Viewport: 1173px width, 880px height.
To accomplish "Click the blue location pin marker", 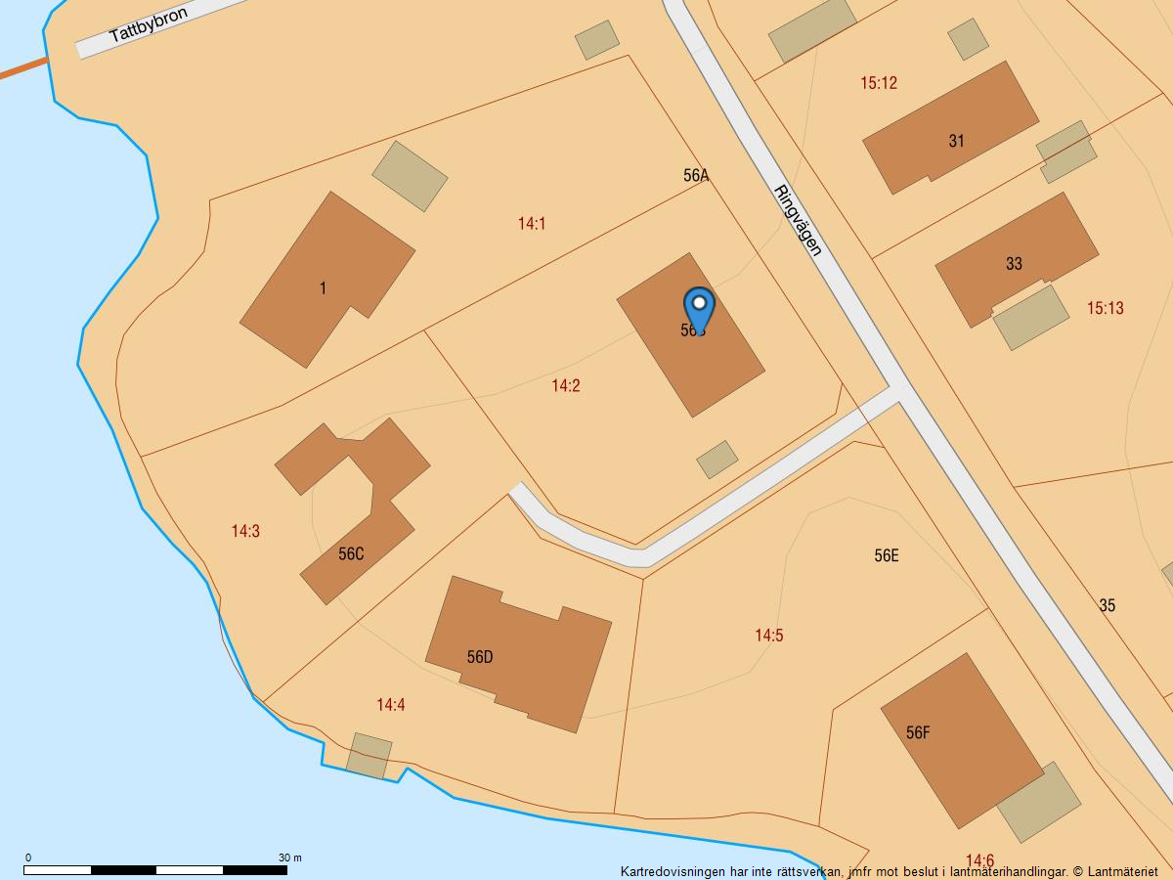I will pyautogui.click(x=699, y=309).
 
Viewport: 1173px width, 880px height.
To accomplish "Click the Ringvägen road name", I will pyautogui.click(x=798, y=220).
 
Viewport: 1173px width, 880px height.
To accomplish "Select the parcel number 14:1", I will pyautogui.click(x=532, y=224).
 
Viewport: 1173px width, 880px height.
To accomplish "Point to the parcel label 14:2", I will pyautogui.click(x=566, y=386).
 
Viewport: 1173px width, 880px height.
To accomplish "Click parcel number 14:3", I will pyautogui.click(x=245, y=532).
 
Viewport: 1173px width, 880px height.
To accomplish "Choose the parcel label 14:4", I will pyautogui.click(x=391, y=705).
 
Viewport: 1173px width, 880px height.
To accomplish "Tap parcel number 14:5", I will pyautogui.click(x=769, y=636).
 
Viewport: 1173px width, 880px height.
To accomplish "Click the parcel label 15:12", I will pyautogui.click(x=879, y=84).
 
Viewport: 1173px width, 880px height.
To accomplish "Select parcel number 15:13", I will pyautogui.click(x=1106, y=309).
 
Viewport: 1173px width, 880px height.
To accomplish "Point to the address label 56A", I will pyautogui.click(x=696, y=176).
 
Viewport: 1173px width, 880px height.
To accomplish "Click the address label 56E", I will pyautogui.click(x=887, y=556).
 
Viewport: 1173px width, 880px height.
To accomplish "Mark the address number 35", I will pyautogui.click(x=1107, y=606).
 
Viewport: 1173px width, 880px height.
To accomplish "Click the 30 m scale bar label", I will pyautogui.click(x=290, y=858).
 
